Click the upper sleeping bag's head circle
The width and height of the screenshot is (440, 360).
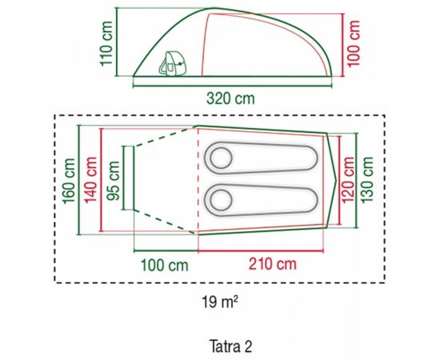coord(218,156)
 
